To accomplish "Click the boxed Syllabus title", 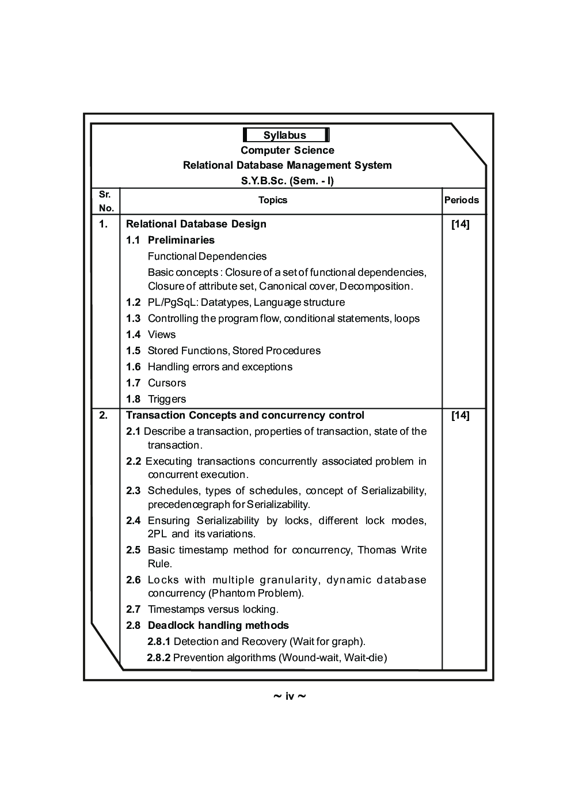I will coord(285,135).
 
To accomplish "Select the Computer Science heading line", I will coord(287,150).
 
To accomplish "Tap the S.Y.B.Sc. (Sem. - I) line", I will coord(287,180).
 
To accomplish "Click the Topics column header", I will coord(273,200).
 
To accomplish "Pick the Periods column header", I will coord(461,200).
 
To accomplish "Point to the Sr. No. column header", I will coord(105,201).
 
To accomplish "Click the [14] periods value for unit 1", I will coord(460,224).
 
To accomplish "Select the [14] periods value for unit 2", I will coord(460,415).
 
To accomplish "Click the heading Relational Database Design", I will coord(196,224).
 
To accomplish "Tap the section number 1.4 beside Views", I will coord(133,335).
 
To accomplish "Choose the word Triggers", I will coord(167,399).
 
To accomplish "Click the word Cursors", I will coord(167,383).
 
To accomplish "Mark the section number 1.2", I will coord(133,302).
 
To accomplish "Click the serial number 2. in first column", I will coord(104,415).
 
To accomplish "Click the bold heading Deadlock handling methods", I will coord(218,625).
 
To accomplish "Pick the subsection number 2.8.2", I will coord(158,658).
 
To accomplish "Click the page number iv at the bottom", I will coord(289,697).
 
